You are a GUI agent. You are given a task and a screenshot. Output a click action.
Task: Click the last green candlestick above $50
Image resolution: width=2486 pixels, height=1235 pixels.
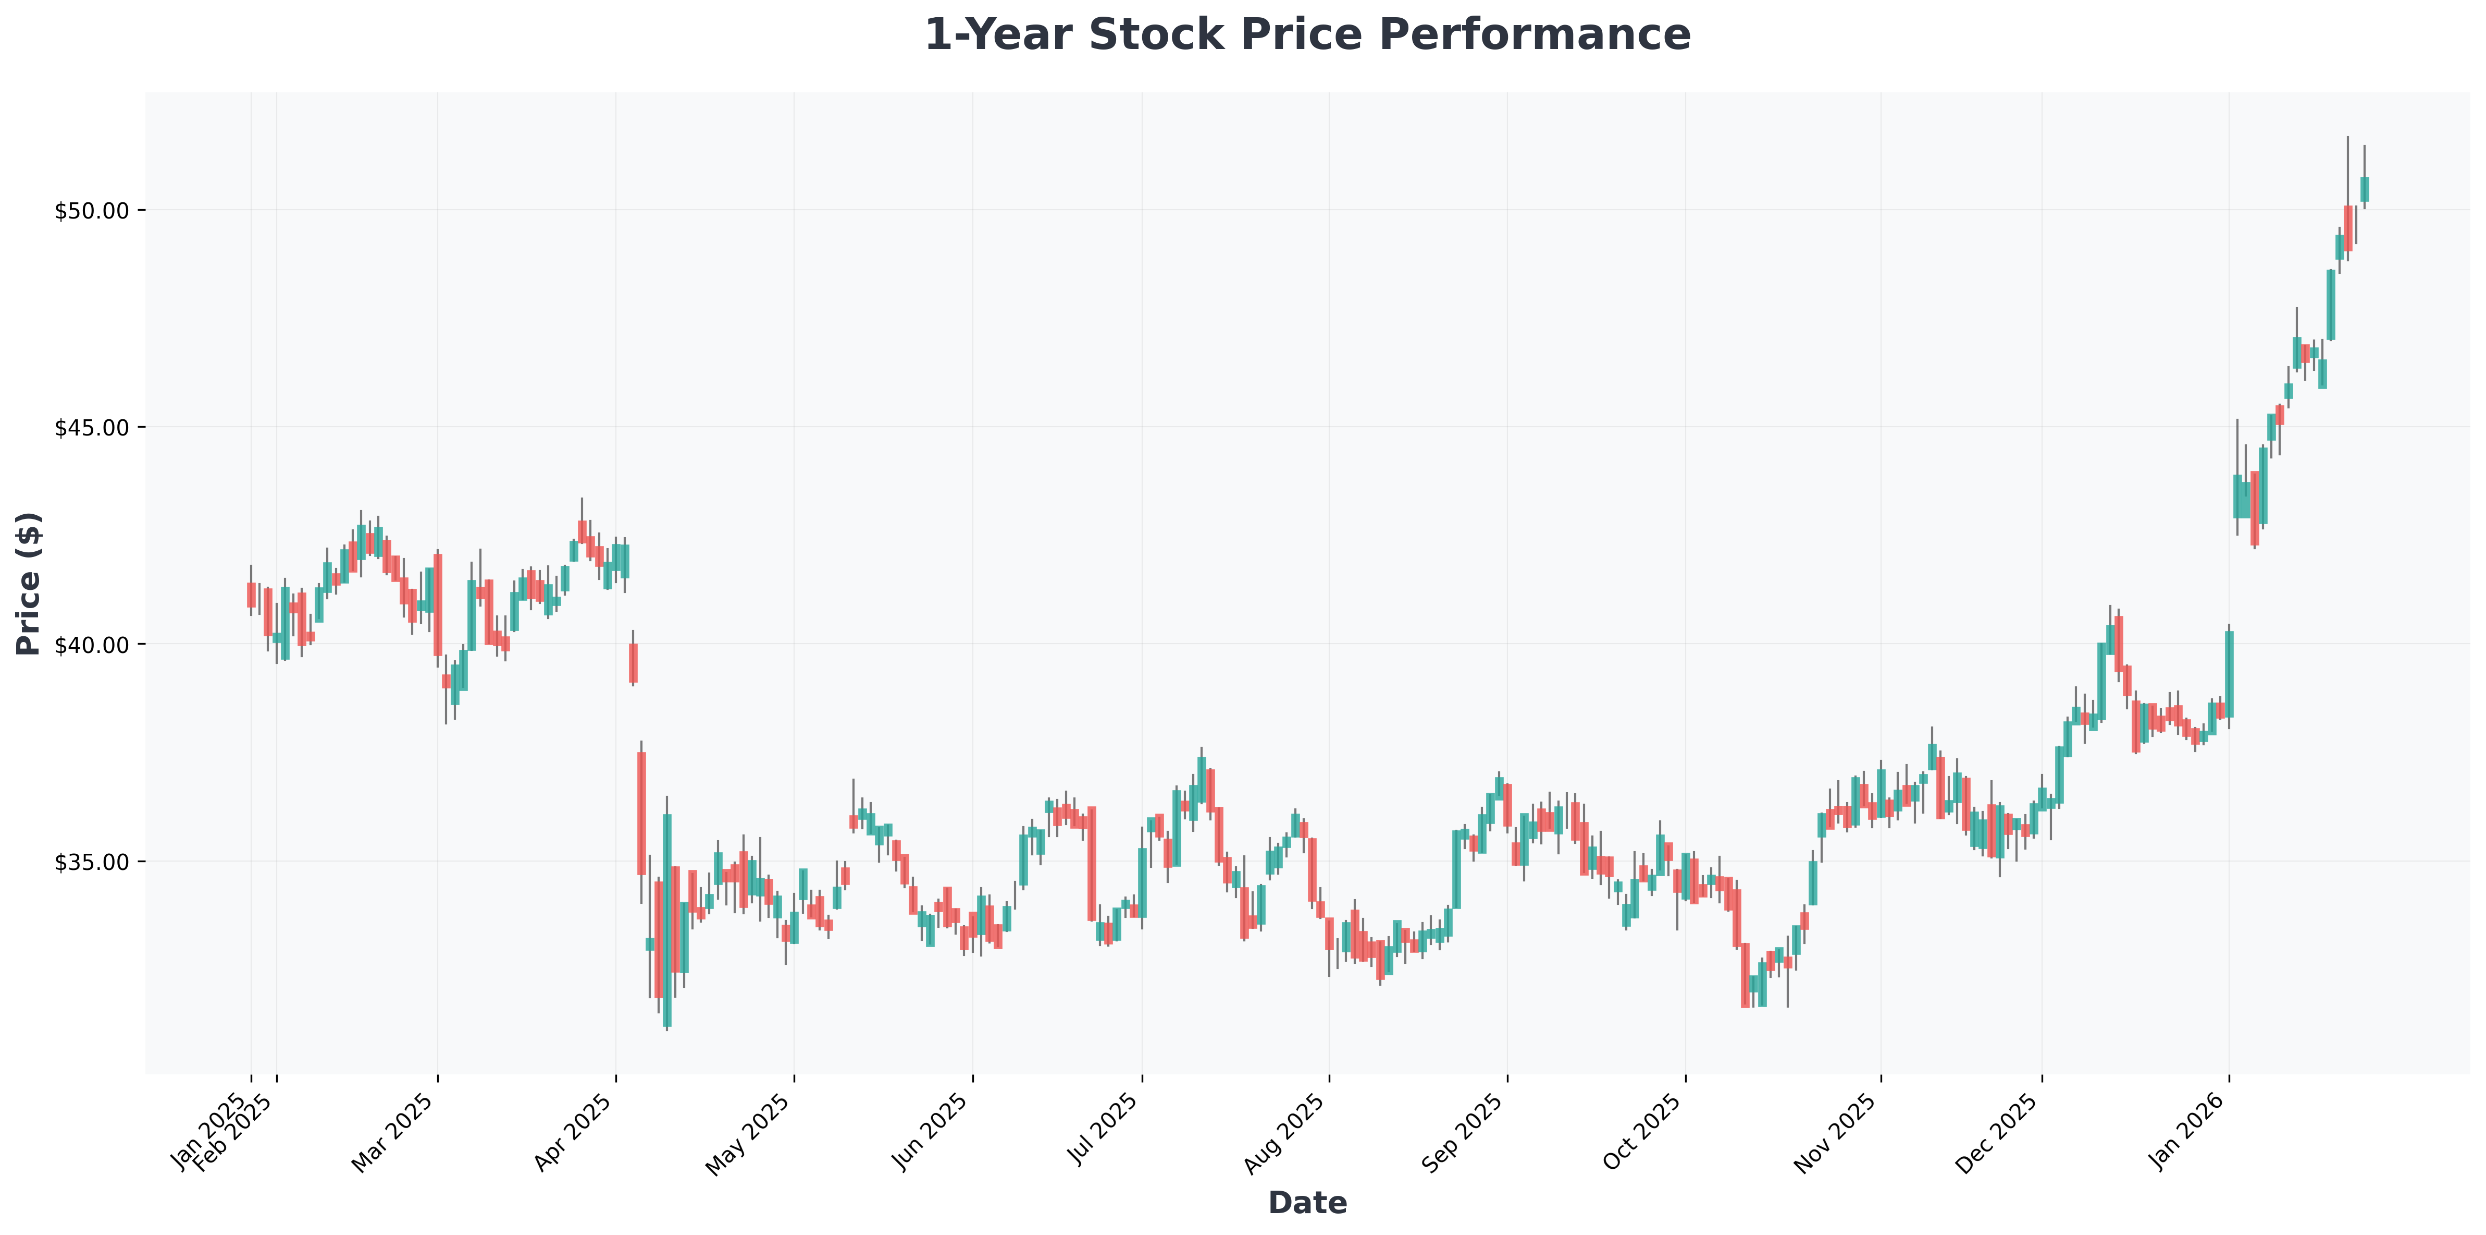[x=2365, y=189]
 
